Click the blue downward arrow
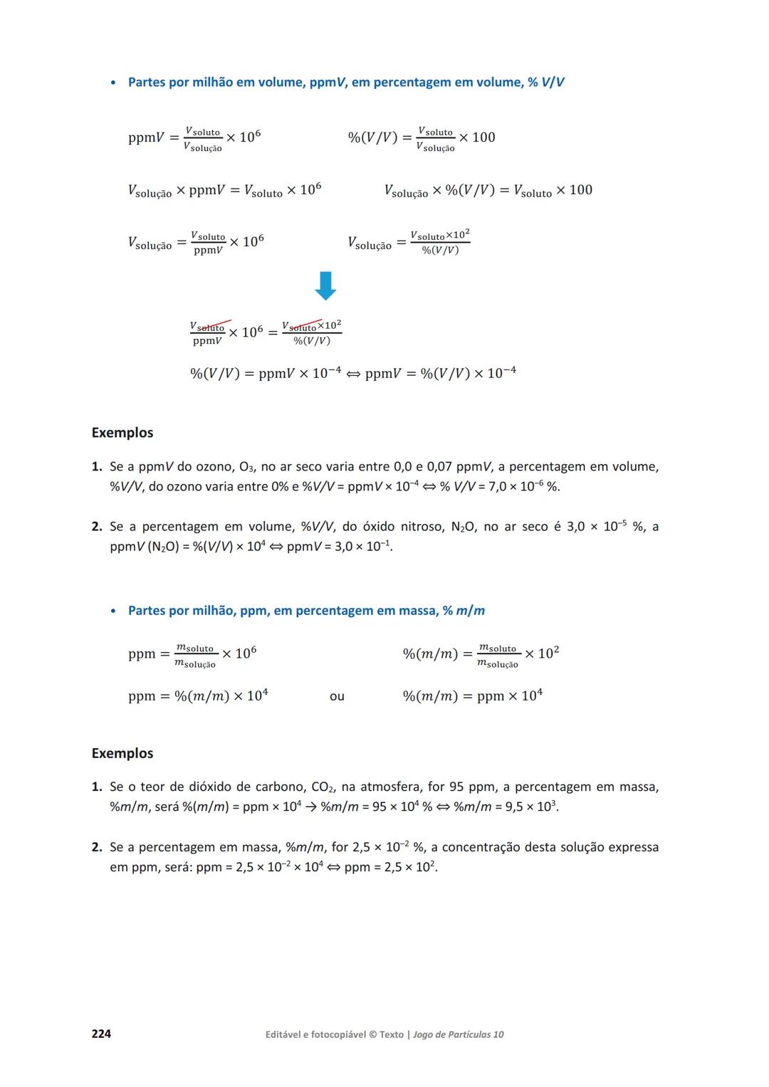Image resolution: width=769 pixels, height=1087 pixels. coord(325,285)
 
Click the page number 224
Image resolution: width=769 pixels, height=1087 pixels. coord(101,1034)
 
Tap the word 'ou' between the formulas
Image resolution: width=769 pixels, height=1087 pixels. coord(337,696)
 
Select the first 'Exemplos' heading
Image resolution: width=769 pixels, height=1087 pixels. coord(122,433)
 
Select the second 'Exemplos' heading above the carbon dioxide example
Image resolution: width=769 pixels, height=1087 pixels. coord(122,753)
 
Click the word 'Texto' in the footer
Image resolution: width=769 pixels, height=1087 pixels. coord(392,1034)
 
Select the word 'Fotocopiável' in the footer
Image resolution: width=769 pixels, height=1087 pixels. coord(336,1034)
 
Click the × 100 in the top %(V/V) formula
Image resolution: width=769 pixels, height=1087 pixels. coord(477,137)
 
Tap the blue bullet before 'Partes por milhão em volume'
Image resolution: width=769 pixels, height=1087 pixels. coord(113,83)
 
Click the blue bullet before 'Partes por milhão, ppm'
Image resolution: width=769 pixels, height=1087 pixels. coord(113,611)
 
